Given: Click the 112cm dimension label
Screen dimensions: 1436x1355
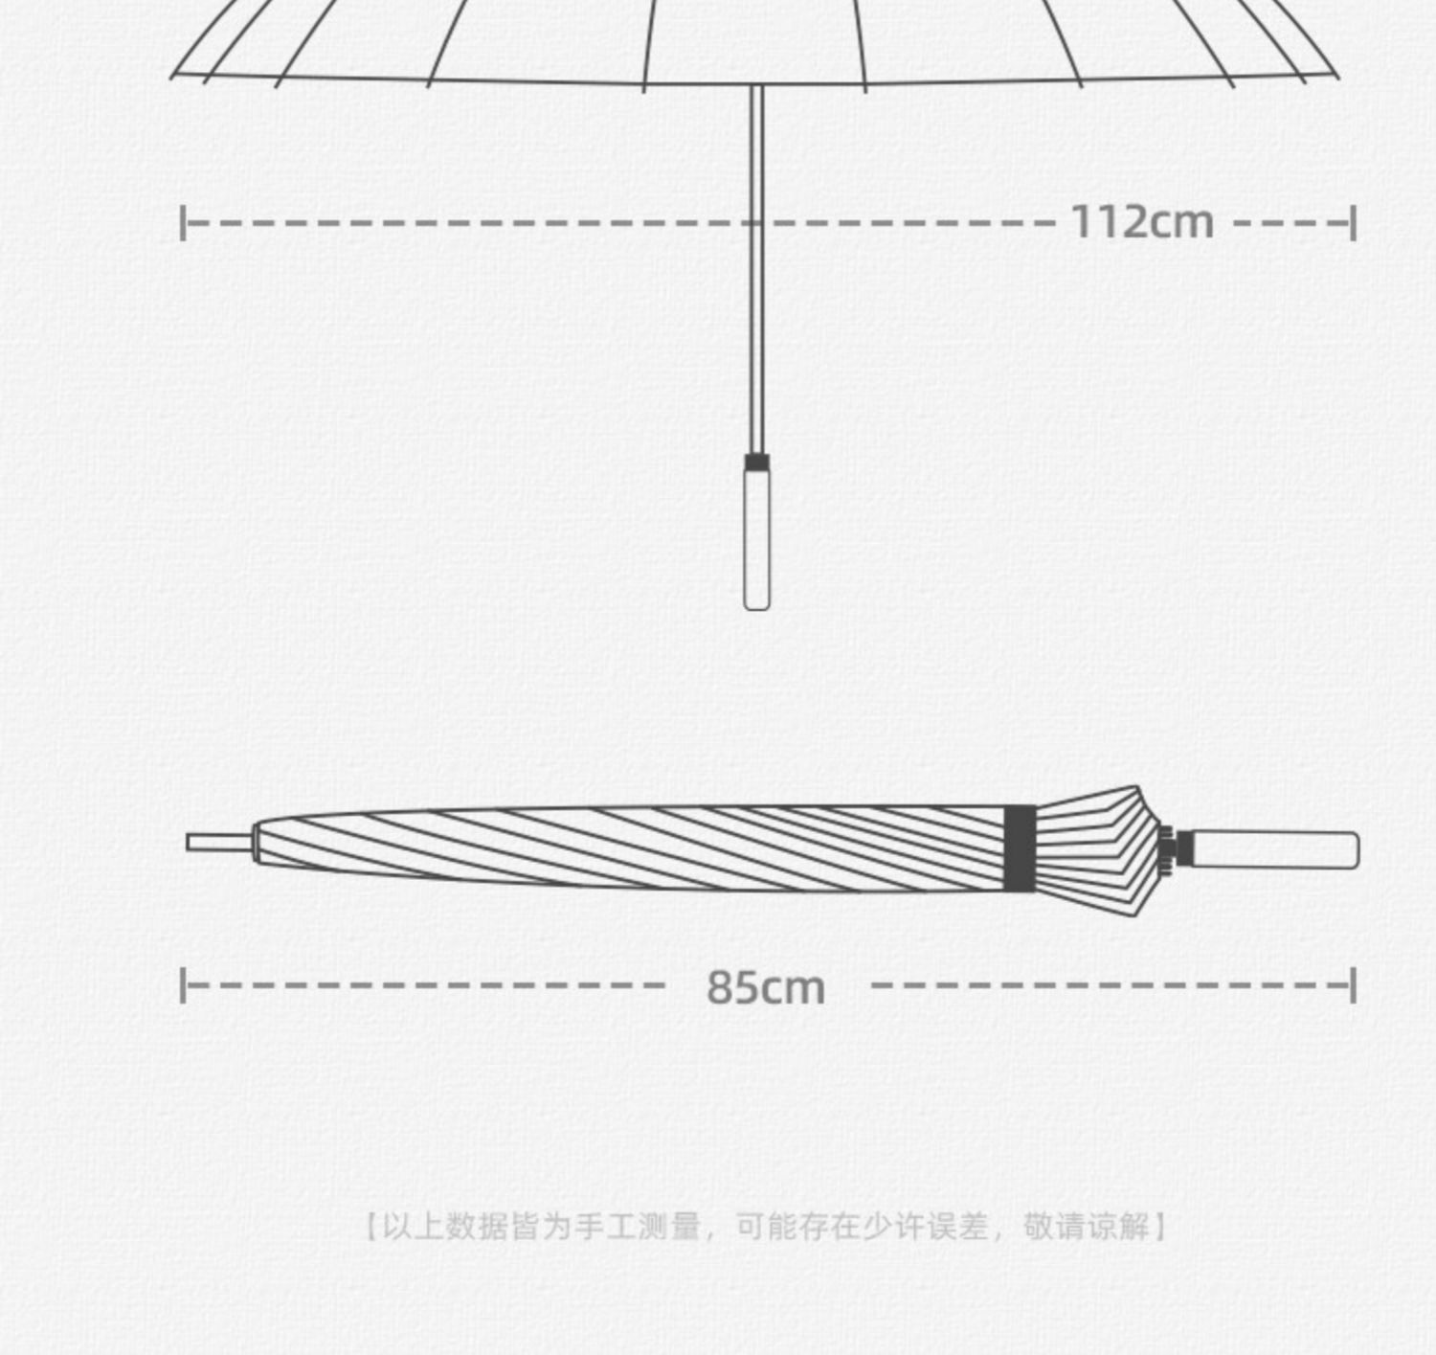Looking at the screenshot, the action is click(x=1141, y=222).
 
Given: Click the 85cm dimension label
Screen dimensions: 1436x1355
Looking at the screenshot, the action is click(x=765, y=987).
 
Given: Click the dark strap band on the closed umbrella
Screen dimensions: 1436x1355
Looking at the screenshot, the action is click(x=1020, y=848).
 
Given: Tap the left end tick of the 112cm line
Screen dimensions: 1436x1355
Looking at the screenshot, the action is click(x=183, y=223).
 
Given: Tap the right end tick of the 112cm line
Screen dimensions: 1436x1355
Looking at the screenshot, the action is click(x=1354, y=223).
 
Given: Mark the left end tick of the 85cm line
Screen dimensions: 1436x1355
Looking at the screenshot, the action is click(x=183, y=985).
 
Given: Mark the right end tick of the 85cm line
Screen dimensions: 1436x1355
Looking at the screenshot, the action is click(x=1354, y=985).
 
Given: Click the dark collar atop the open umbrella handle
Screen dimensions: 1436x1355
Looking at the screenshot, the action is click(x=756, y=462).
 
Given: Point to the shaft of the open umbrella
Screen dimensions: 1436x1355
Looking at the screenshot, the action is click(x=756, y=287).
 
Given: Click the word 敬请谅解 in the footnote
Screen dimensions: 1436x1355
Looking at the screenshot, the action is click(x=1086, y=1227).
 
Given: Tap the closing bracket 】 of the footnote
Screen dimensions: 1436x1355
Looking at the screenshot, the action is click(x=1160, y=1227).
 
